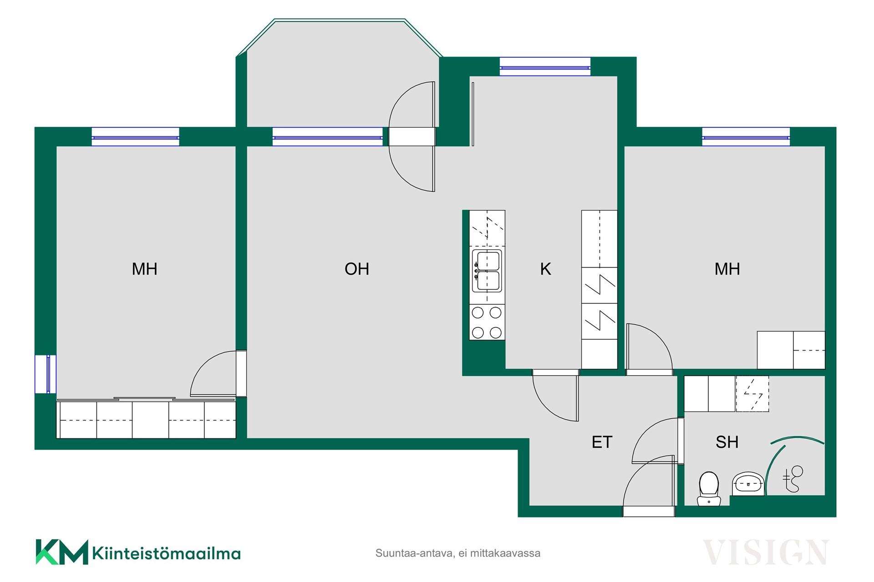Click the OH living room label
pyautogui.click(x=357, y=269)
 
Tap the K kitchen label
pyautogui.click(x=545, y=269)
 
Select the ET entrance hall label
pyautogui.click(x=602, y=442)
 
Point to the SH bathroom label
pyautogui.click(x=727, y=442)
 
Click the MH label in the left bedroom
pyautogui.click(x=145, y=269)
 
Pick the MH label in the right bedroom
pyautogui.click(x=727, y=269)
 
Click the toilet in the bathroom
pyautogui.click(x=709, y=489)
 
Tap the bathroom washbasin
pyautogui.click(x=748, y=484)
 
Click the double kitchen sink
pyautogui.click(x=487, y=271)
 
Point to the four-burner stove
pyautogui.click(x=487, y=322)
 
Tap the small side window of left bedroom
pyautogui.click(x=46, y=374)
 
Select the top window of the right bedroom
pyautogui.click(x=746, y=137)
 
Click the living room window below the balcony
pyautogui.click(x=328, y=137)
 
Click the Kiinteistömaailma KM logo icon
pyautogui.click(x=62, y=552)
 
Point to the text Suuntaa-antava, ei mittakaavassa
pyautogui.click(x=457, y=553)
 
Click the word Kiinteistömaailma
pyautogui.click(x=166, y=553)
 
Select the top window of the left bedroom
pyautogui.click(x=136, y=137)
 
